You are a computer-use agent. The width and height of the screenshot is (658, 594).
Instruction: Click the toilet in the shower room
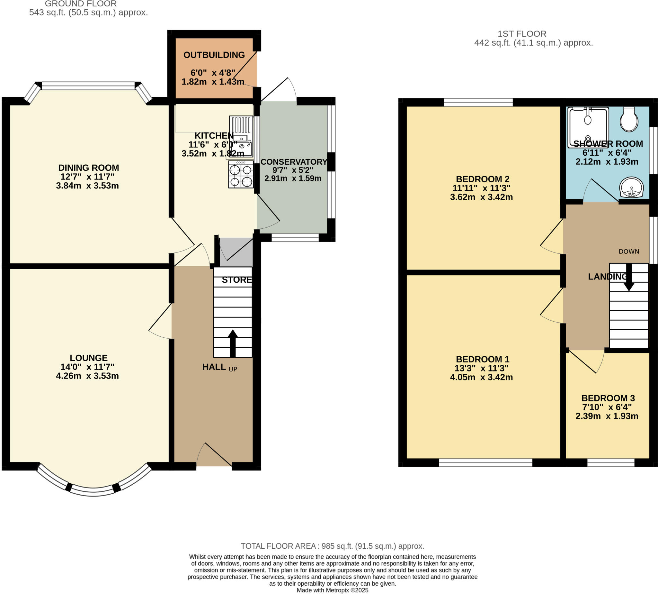point(629,119)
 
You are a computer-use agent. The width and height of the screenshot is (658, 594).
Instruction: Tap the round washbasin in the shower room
point(632,188)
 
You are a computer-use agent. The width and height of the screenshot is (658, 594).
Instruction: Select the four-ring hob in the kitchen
point(241,175)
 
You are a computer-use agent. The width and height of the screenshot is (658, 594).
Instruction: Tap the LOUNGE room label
point(88,358)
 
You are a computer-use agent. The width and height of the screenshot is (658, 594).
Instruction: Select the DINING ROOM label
point(88,168)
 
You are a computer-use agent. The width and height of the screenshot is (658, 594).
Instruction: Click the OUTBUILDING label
point(214,55)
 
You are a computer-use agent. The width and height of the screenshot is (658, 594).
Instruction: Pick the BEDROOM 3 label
point(608,398)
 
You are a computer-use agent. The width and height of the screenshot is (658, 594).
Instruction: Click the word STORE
point(237,280)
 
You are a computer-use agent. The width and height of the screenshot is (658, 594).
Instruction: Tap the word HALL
point(214,367)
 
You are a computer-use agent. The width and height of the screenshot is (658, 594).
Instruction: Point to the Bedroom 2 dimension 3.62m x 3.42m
point(481,197)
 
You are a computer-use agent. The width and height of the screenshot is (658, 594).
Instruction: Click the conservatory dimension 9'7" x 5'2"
point(292,170)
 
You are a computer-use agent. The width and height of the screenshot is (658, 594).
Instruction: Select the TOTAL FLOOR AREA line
point(332,546)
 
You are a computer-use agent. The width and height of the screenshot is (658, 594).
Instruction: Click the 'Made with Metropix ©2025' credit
point(332,590)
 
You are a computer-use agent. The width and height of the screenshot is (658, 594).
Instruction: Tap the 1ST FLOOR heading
point(522,34)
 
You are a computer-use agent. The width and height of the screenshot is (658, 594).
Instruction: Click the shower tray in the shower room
point(588,127)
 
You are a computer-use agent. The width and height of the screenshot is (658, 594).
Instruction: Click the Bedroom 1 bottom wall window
point(485,462)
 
